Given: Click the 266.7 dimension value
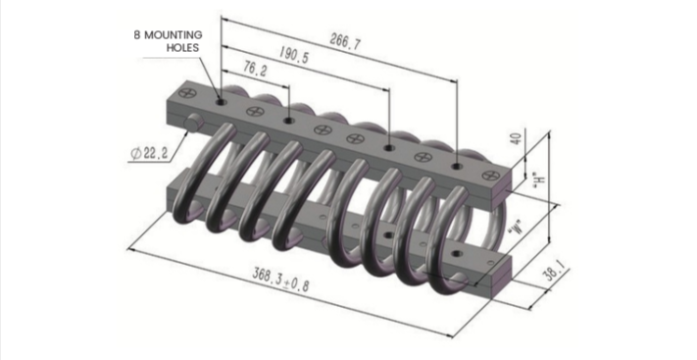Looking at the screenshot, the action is (x=345, y=42).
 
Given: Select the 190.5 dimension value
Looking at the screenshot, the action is (x=294, y=55).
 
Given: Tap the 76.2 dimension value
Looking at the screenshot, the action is (x=255, y=69).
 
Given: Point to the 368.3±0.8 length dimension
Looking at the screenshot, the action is (x=280, y=280).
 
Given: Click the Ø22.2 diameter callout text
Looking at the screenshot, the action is (x=149, y=154).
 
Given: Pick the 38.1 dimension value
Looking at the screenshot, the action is (x=554, y=271).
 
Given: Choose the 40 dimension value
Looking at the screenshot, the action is (x=516, y=139).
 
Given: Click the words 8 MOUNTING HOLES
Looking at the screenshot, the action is (x=168, y=41).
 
